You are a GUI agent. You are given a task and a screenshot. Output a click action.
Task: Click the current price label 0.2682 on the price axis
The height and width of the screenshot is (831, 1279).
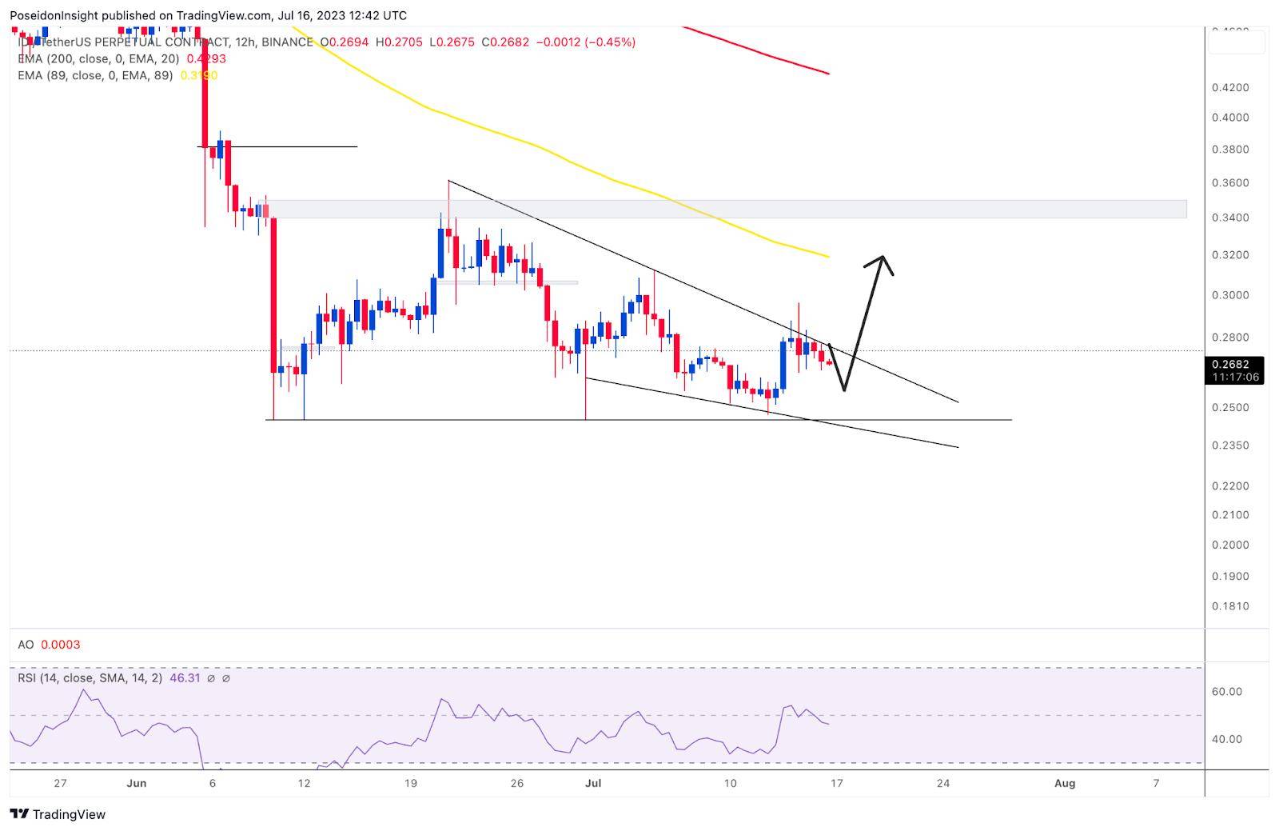click(1235, 364)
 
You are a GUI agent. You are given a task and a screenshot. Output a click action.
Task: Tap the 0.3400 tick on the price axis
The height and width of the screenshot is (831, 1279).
click(1229, 218)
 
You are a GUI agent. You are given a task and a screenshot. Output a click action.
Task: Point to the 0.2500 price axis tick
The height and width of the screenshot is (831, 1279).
click(1229, 407)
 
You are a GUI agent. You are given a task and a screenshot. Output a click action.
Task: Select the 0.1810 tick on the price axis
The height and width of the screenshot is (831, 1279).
click(1229, 606)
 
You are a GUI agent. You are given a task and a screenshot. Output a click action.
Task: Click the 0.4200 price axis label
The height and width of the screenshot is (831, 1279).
click(1229, 87)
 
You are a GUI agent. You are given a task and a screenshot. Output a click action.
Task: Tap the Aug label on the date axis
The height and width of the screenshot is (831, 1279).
click(1064, 783)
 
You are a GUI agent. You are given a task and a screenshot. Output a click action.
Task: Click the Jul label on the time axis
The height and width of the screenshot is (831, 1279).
click(592, 783)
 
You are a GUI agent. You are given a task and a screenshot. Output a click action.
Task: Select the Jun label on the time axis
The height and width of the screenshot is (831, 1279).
click(137, 783)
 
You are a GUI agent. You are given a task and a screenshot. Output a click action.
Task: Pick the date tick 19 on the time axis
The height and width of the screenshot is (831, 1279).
click(410, 783)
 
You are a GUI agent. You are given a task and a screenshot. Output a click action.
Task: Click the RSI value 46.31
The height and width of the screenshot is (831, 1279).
click(184, 677)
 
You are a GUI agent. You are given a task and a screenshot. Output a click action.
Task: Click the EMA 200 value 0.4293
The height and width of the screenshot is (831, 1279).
click(206, 58)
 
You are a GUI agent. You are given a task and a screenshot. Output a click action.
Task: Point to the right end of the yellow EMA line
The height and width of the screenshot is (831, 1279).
click(828, 257)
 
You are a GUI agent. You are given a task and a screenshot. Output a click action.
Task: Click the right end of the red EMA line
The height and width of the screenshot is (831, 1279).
click(828, 74)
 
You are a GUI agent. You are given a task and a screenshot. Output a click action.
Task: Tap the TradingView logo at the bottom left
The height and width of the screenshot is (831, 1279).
click(58, 814)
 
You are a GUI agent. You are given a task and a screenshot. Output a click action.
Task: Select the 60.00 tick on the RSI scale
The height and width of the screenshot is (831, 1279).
click(1226, 691)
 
